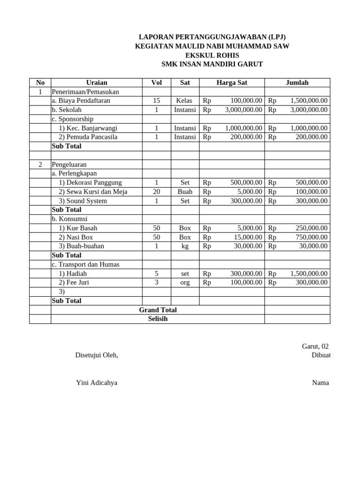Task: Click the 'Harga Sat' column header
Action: (232, 82)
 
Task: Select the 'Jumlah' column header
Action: (297, 82)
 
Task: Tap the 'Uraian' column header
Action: (97, 82)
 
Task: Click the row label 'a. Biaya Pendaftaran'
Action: (81, 101)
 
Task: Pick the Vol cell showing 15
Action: (157, 101)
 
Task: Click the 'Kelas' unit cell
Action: (185, 101)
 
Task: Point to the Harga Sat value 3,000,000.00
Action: (243, 110)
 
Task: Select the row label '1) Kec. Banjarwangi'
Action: (88, 128)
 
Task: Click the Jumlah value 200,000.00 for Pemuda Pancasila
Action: (311, 137)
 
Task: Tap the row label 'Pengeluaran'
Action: (69, 165)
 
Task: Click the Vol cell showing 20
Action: (157, 192)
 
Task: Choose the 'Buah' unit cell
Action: (185, 192)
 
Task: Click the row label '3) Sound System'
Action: (82, 201)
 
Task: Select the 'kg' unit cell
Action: (185, 246)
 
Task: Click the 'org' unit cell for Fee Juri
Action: (185, 282)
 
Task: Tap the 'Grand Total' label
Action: (157, 310)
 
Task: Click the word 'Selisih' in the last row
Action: (157, 319)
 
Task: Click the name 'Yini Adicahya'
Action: (97, 382)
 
